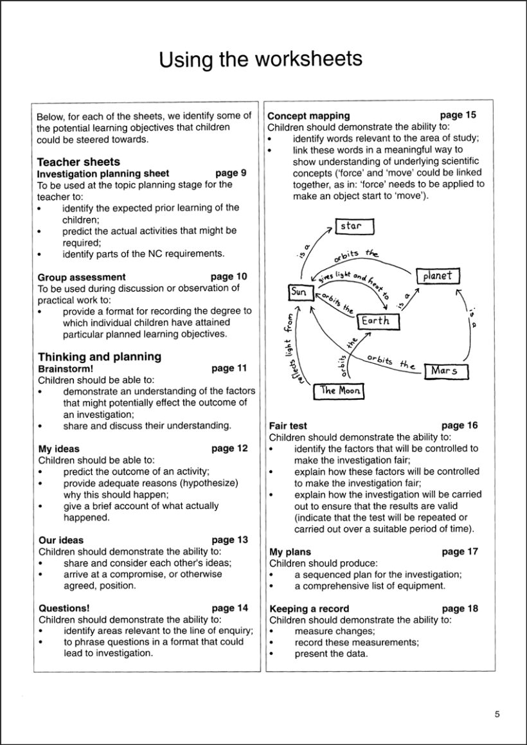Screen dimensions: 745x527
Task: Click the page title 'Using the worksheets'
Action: point(260,59)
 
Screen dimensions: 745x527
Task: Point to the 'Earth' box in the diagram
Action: point(375,321)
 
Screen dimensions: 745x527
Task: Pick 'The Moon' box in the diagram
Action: point(339,390)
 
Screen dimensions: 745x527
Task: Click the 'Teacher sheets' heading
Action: point(78,162)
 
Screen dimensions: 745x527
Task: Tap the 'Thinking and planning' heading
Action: point(99,357)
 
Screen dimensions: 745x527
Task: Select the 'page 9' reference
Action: point(231,173)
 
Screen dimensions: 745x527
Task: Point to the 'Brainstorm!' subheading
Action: point(66,369)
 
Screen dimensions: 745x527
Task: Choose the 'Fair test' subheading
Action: point(288,426)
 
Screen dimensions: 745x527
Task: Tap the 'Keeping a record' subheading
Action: point(309,608)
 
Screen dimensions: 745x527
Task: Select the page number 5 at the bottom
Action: point(497,714)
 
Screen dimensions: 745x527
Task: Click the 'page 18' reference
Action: point(460,608)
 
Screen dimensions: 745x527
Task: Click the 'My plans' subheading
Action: point(290,552)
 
